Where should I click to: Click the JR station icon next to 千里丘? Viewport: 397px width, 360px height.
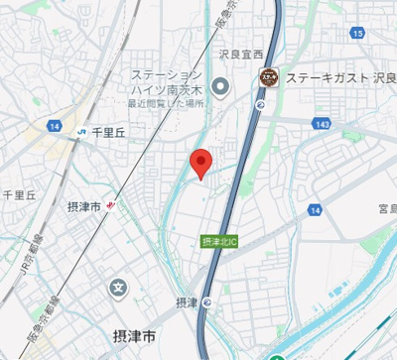(x=79, y=130)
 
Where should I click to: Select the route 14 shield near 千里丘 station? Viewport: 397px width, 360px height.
(x=54, y=127)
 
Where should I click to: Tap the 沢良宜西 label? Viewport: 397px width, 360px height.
(x=242, y=56)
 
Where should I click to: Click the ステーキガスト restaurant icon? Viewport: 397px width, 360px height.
(x=267, y=76)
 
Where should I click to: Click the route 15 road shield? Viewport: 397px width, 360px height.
(x=356, y=34)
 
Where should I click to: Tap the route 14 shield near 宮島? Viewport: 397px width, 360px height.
(x=315, y=211)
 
